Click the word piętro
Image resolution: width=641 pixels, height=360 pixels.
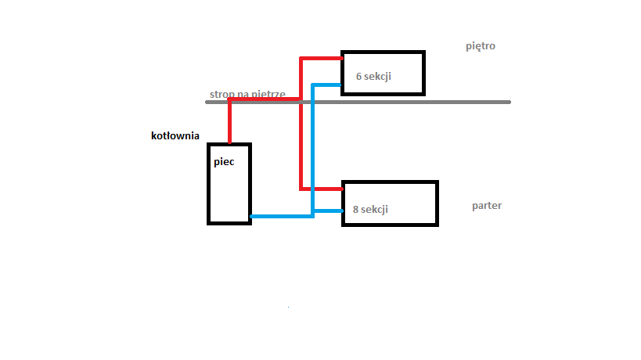(x=480, y=46)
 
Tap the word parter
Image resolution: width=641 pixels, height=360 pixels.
(x=487, y=206)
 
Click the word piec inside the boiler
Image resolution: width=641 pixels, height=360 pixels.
(x=224, y=163)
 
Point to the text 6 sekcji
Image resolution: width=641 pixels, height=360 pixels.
(x=373, y=77)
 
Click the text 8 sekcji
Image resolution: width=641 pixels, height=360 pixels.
(x=370, y=210)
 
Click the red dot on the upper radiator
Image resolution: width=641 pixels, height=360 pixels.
(x=342, y=57)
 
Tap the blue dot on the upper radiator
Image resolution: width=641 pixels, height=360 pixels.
(x=342, y=85)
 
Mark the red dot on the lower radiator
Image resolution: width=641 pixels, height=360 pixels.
(x=343, y=189)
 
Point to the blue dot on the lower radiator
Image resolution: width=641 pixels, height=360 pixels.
(x=343, y=210)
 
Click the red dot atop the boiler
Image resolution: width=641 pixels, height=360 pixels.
(x=229, y=142)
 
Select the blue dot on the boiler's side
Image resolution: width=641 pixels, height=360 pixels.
(x=250, y=216)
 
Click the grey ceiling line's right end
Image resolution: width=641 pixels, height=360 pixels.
(x=510, y=102)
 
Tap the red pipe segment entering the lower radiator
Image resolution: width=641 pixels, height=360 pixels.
(x=322, y=189)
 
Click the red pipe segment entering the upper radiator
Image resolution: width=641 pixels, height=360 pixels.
(x=321, y=57)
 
